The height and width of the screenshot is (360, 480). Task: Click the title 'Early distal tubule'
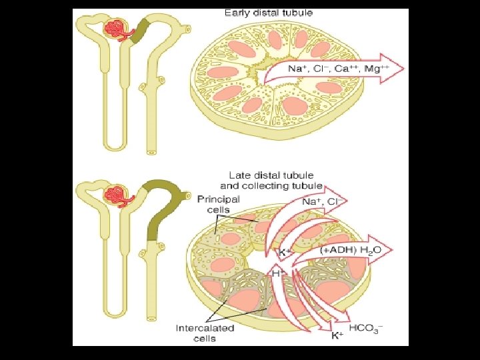coord(269,13)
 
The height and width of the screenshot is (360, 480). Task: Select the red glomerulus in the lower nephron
coord(113,195)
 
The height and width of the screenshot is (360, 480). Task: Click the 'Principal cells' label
coord(219,204)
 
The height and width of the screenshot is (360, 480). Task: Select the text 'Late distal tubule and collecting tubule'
coord(271,180)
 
